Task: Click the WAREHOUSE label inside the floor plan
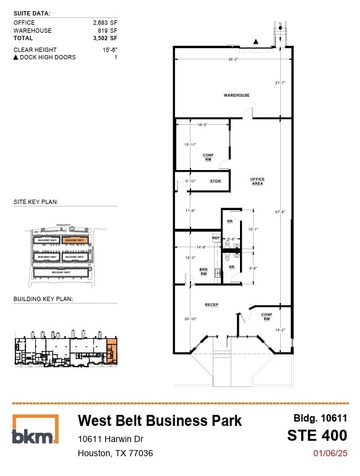tap(236, 95)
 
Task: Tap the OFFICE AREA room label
tap(257, 181)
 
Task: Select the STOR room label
tap(215, 181)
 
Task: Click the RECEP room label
tap(213, 305)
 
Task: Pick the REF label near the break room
tap(216, 238)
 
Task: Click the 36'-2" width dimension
tap(233, 60)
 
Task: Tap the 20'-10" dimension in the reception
tap(190, 319)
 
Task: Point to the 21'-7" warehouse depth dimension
tap(280, 82)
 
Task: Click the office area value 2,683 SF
tap(105, 23)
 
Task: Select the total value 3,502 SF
tap(105, 38)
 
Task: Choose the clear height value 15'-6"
tap(108, 49)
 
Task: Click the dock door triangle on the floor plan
tap(256, 41)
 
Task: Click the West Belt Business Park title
tap(160, 420)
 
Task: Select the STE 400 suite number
tap(317, 435)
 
